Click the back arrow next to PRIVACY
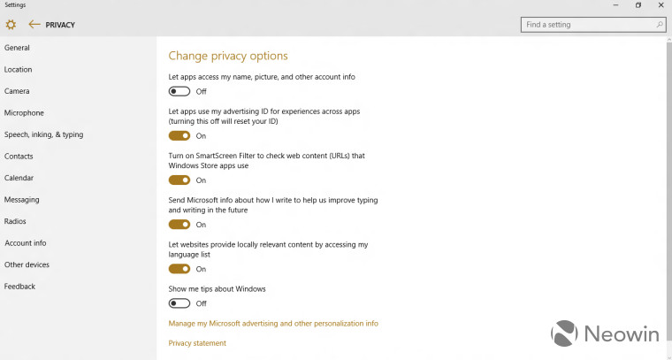click(34, 25)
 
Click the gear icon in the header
click(11, 25)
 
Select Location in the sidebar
click(19, 70)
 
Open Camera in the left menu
click(17, 91)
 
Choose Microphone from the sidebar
click(24, 113)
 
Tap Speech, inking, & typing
click(44, 134)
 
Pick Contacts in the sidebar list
click(19, 157)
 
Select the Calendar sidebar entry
click(19, 178)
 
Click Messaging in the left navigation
click(22, 200)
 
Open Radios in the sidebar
click(15, 221)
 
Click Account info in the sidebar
click(26, 243)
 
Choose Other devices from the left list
click(27, 264)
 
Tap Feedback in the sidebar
click(20, 287)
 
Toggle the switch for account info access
click(179, 91)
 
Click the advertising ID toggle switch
click(179, 136)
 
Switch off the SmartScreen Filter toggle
click(179, 180)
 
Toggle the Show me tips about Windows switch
click(179, 303)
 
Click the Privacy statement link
click(197, 343)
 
